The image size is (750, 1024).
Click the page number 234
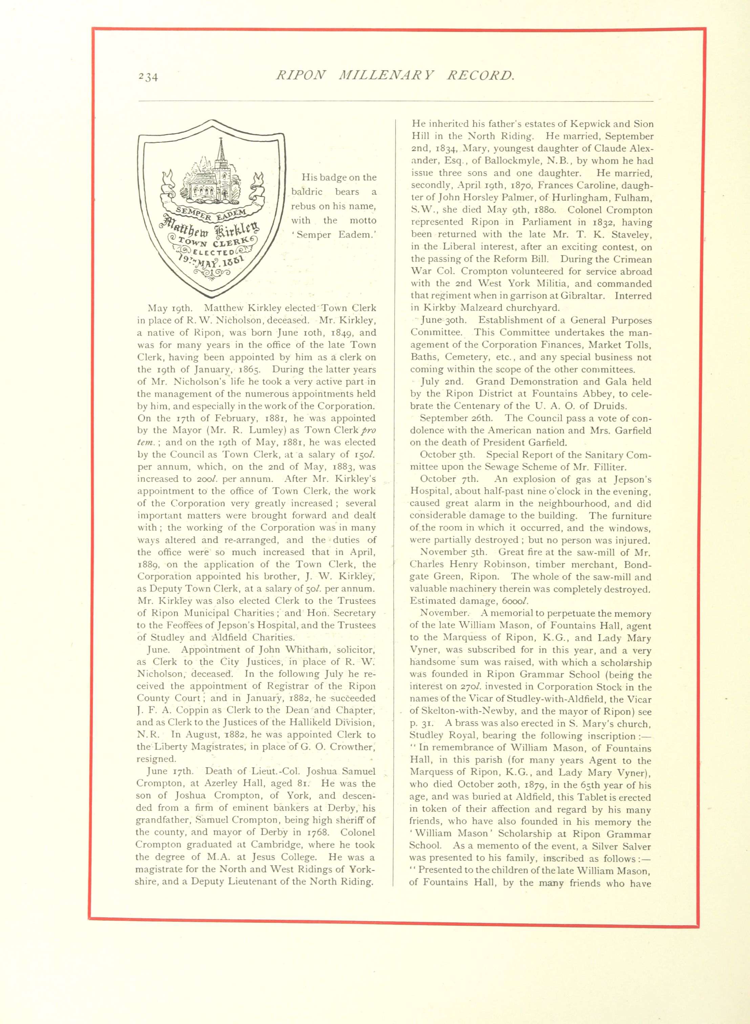(x=148, y=77)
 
